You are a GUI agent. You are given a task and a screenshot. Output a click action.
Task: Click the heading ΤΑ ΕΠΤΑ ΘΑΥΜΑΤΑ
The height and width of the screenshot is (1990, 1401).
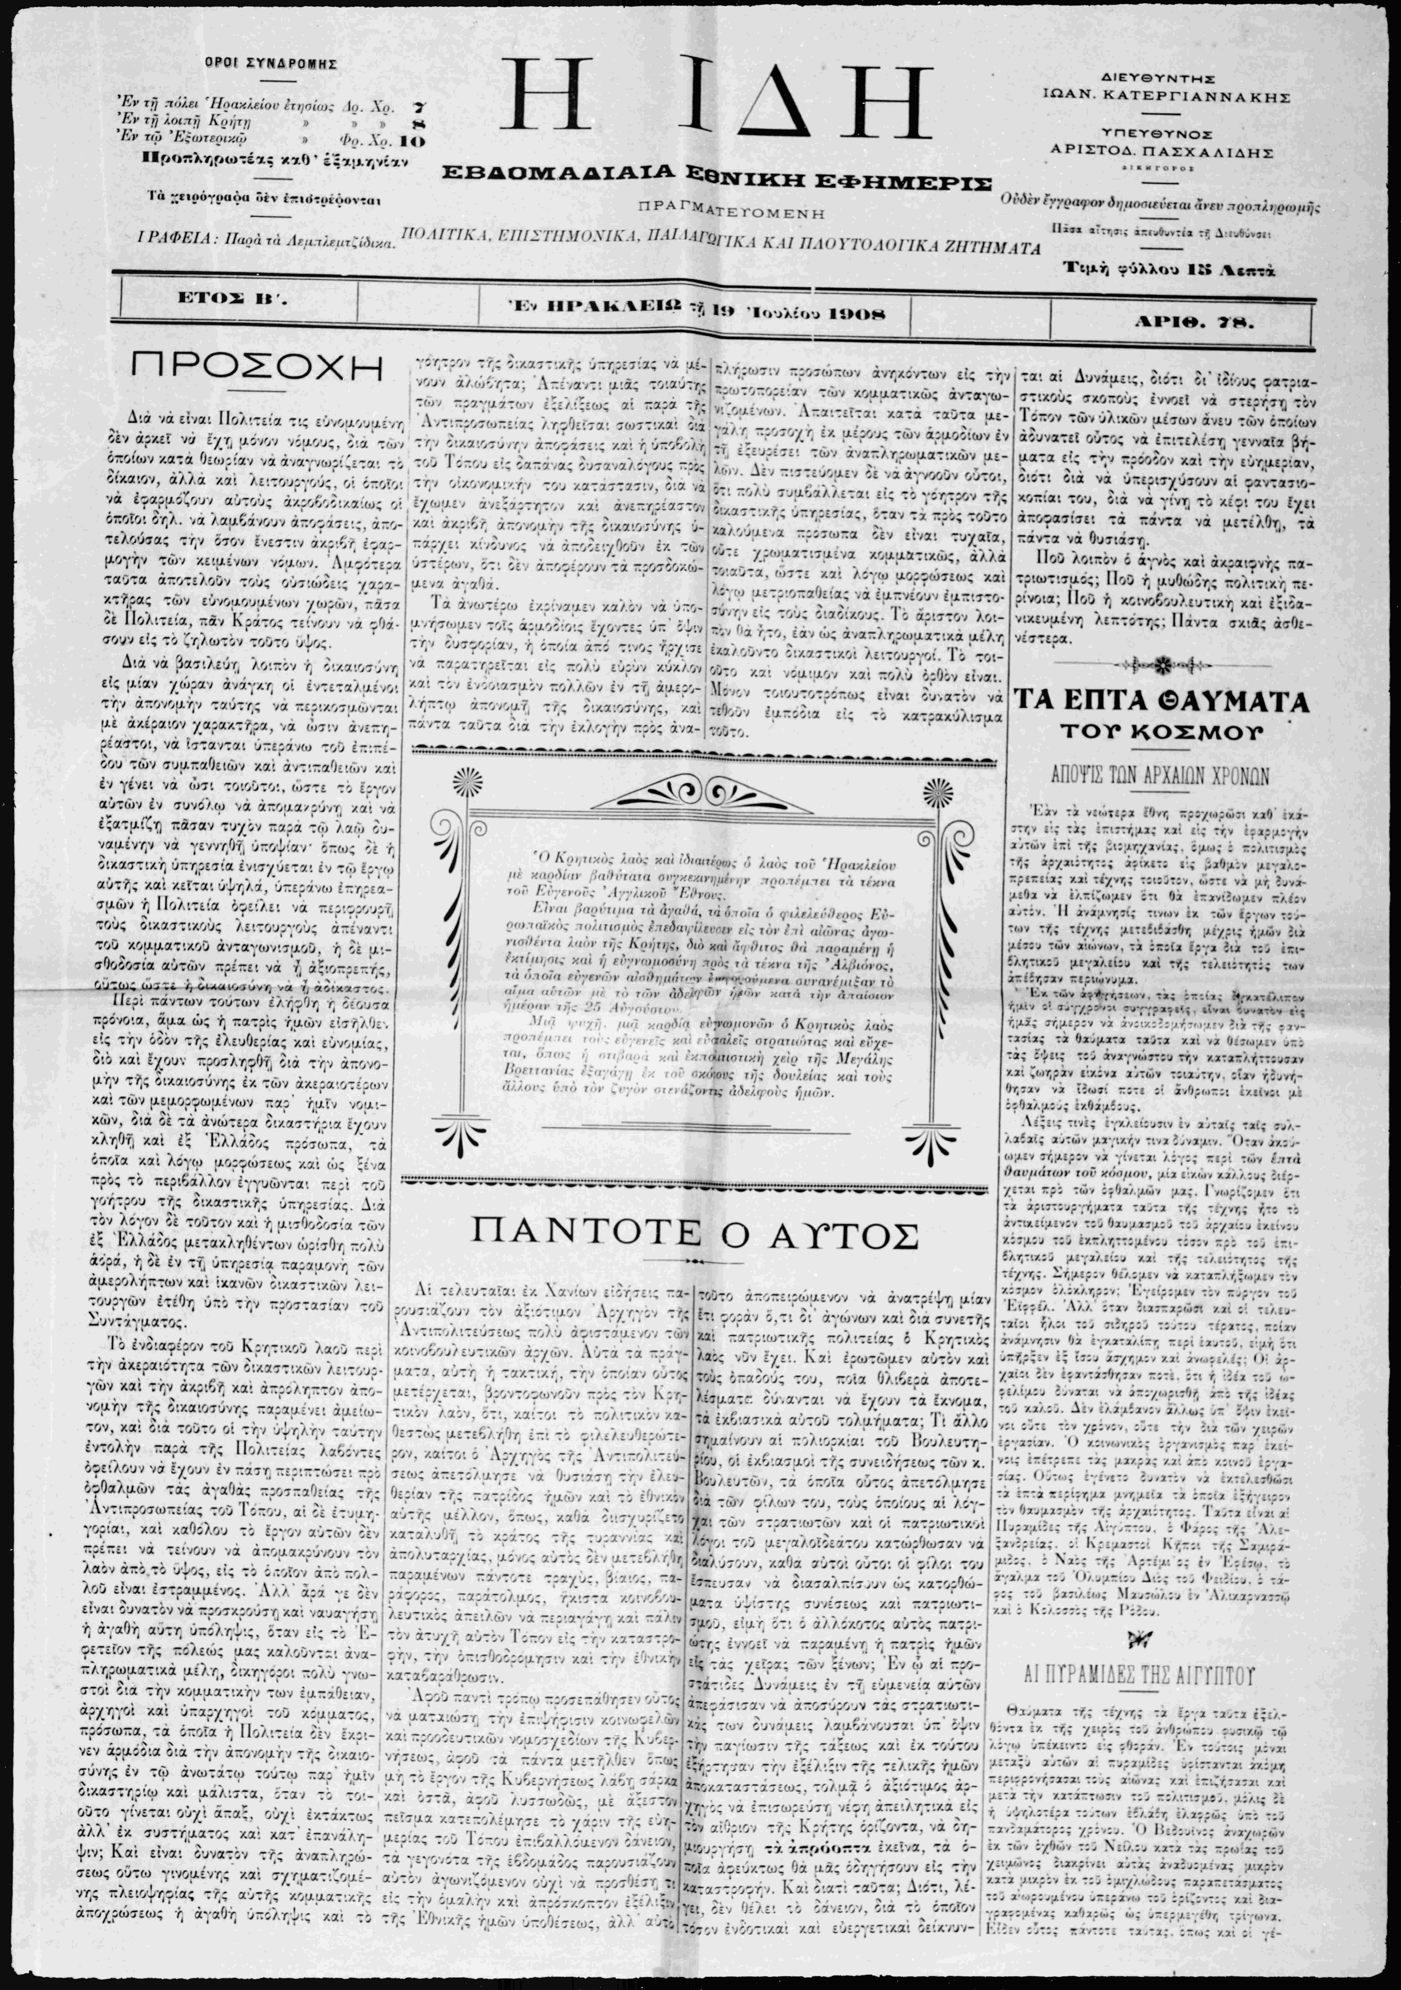(x=1162, y=700)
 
